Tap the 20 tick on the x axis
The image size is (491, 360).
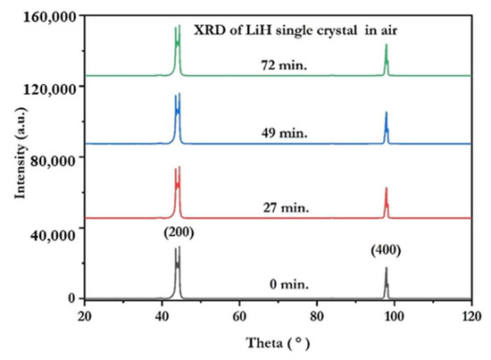click(84, 315)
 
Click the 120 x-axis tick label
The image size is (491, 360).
click(470, 315)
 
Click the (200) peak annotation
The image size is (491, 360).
click(178, 233)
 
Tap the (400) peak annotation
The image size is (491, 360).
click(386, 252)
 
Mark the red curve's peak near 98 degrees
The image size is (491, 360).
click(386, 189)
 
